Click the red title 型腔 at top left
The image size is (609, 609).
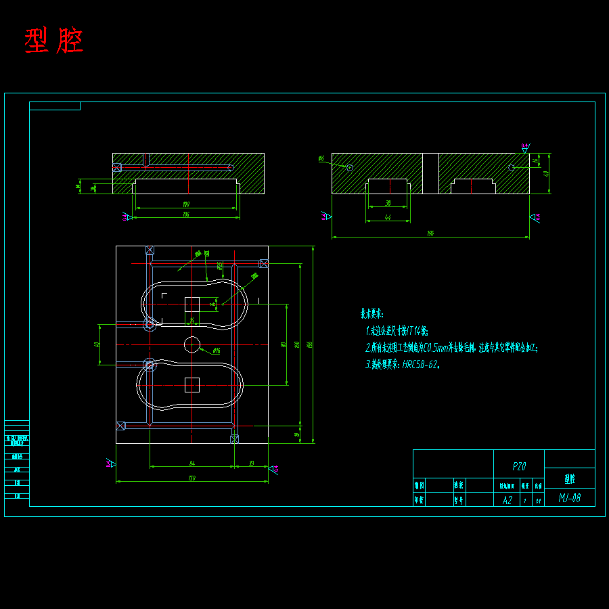coord(54,41)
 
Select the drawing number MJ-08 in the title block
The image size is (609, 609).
coord(569,499)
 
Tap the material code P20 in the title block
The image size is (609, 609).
coord(519,467)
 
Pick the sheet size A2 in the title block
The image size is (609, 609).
coord(507,500)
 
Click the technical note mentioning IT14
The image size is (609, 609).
coord(397,331)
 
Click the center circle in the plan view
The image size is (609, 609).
coord(192,344)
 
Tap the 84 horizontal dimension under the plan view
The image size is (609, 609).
coord(191,464)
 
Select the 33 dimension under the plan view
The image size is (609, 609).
coord(251,464)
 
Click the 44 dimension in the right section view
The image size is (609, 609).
coord(388,217)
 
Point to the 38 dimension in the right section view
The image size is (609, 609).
coord(388,203)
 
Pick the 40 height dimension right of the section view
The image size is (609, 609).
coord(546,173)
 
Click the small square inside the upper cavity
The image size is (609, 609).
coord(192,304)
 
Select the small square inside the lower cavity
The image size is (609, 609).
coord(192,385)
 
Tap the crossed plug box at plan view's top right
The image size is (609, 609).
coord(264,263)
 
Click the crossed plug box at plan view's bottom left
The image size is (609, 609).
coord(120,426)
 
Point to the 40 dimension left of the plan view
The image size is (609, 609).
coord(97,344)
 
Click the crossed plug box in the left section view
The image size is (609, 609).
coord(116,167)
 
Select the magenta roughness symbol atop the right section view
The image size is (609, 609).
coord(525,147)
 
